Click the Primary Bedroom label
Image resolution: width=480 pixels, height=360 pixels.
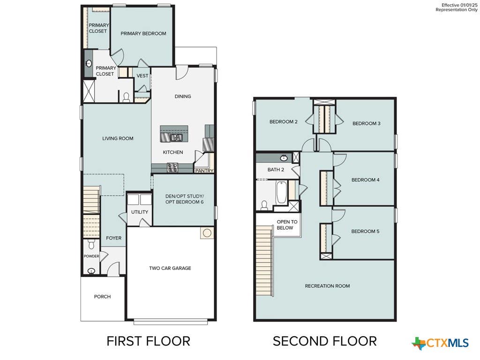pyautogui.click(x=143, y=33)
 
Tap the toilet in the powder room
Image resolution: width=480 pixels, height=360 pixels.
pyautogui.click(x=91, y=244)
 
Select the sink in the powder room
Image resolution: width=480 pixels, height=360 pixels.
pyautogui.click(x=91, y=271)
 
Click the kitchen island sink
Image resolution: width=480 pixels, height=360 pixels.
pyautogui.click(x=176, y=137)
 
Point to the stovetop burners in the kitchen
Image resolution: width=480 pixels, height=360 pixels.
pyautogui.click(x=172, y=167)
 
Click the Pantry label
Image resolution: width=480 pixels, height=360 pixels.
pyautogui.click(x=204, y=171)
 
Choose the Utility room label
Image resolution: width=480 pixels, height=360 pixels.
pyautogui.click(x=140, y=212)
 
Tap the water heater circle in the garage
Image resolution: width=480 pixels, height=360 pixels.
pyautogui.click(x=207, y=233)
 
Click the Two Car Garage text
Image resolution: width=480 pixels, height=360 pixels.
pyautogui.click(x=170, y=268)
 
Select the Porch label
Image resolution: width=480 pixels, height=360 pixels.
pyautogui.click(x=102, y=297)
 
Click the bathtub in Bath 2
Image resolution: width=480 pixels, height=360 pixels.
pyautogui.click(x=281, y=193)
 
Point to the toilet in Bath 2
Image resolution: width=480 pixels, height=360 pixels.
pyautogui.click(x=264, y=205)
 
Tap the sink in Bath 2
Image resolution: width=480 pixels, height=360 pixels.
pyautogui.click(x=284, y=158)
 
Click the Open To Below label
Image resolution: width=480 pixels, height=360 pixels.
pyautogui.click(x=287, y=225)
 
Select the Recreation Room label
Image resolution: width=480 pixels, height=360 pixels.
pyautogui.click(x=327, y=286)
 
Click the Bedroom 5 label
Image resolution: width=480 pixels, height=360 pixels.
pyautogui.click(x=365, y=232)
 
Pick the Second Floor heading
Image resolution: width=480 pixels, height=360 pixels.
pyautogui.click(x=324, y=341)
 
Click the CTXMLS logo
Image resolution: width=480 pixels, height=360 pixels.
pyautogui.click(x=440, y=343)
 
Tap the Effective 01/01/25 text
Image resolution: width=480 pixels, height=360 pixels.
pyautogui.click(x=459, y=5)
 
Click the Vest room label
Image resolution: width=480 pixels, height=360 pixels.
pyautogui.click(x=142, y=75)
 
